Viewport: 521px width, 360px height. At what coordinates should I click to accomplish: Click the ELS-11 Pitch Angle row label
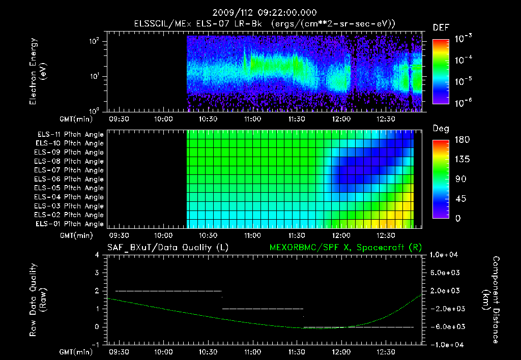(70, 135)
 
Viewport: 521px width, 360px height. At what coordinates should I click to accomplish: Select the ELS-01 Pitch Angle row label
(70, 224)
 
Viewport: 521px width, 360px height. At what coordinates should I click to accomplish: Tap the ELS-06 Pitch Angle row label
(70, 179)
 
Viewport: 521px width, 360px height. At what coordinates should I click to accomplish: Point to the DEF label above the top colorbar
(441, 27)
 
